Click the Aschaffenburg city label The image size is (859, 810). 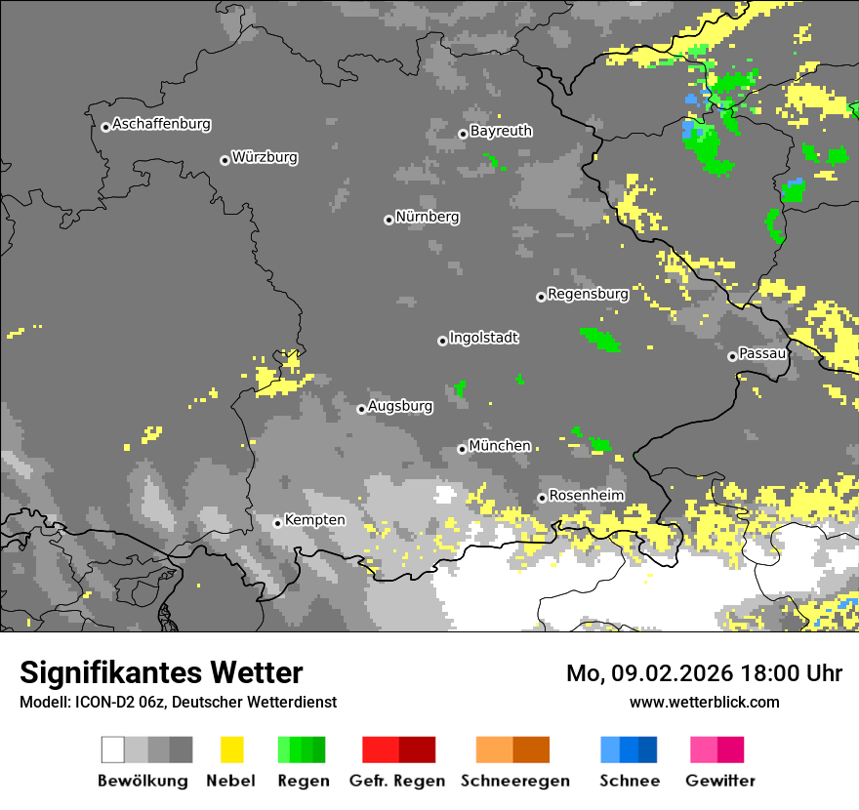coord(161,125)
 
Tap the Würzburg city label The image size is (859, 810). coord(265,157)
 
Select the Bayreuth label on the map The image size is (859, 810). coord(501,131)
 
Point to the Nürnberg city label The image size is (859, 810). coord(428,218)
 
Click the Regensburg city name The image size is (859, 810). coord(588,294)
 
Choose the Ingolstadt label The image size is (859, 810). coord(484,339)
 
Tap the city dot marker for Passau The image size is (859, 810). coord(732,356)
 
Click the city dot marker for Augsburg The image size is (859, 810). coord(361,409)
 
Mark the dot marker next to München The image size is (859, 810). coord(462,449)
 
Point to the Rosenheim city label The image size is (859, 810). coord(587,496)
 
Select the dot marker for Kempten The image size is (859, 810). coord(277,523)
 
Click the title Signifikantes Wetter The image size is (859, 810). coord(161,673)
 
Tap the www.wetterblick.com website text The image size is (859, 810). coord(704,703)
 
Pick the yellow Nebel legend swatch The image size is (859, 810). coord(231,749)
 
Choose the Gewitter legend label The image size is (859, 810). coord(720,781)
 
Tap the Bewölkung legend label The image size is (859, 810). coord(143,781)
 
